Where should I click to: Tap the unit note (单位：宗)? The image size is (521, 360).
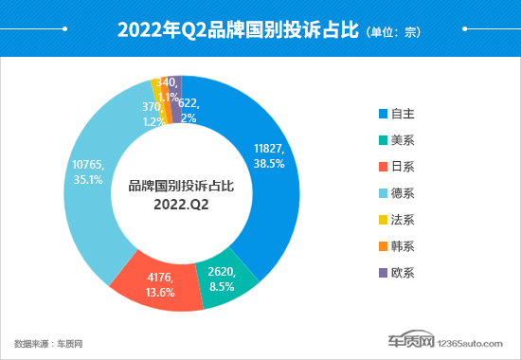[x=392, y=32]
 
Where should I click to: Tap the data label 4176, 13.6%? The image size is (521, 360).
[x=162, y=284]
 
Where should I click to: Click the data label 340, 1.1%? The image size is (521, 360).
[x=171, y=90]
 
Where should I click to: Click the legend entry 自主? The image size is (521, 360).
[x=402, y=114]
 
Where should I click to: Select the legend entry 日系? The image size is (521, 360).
[x=402, y=167]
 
